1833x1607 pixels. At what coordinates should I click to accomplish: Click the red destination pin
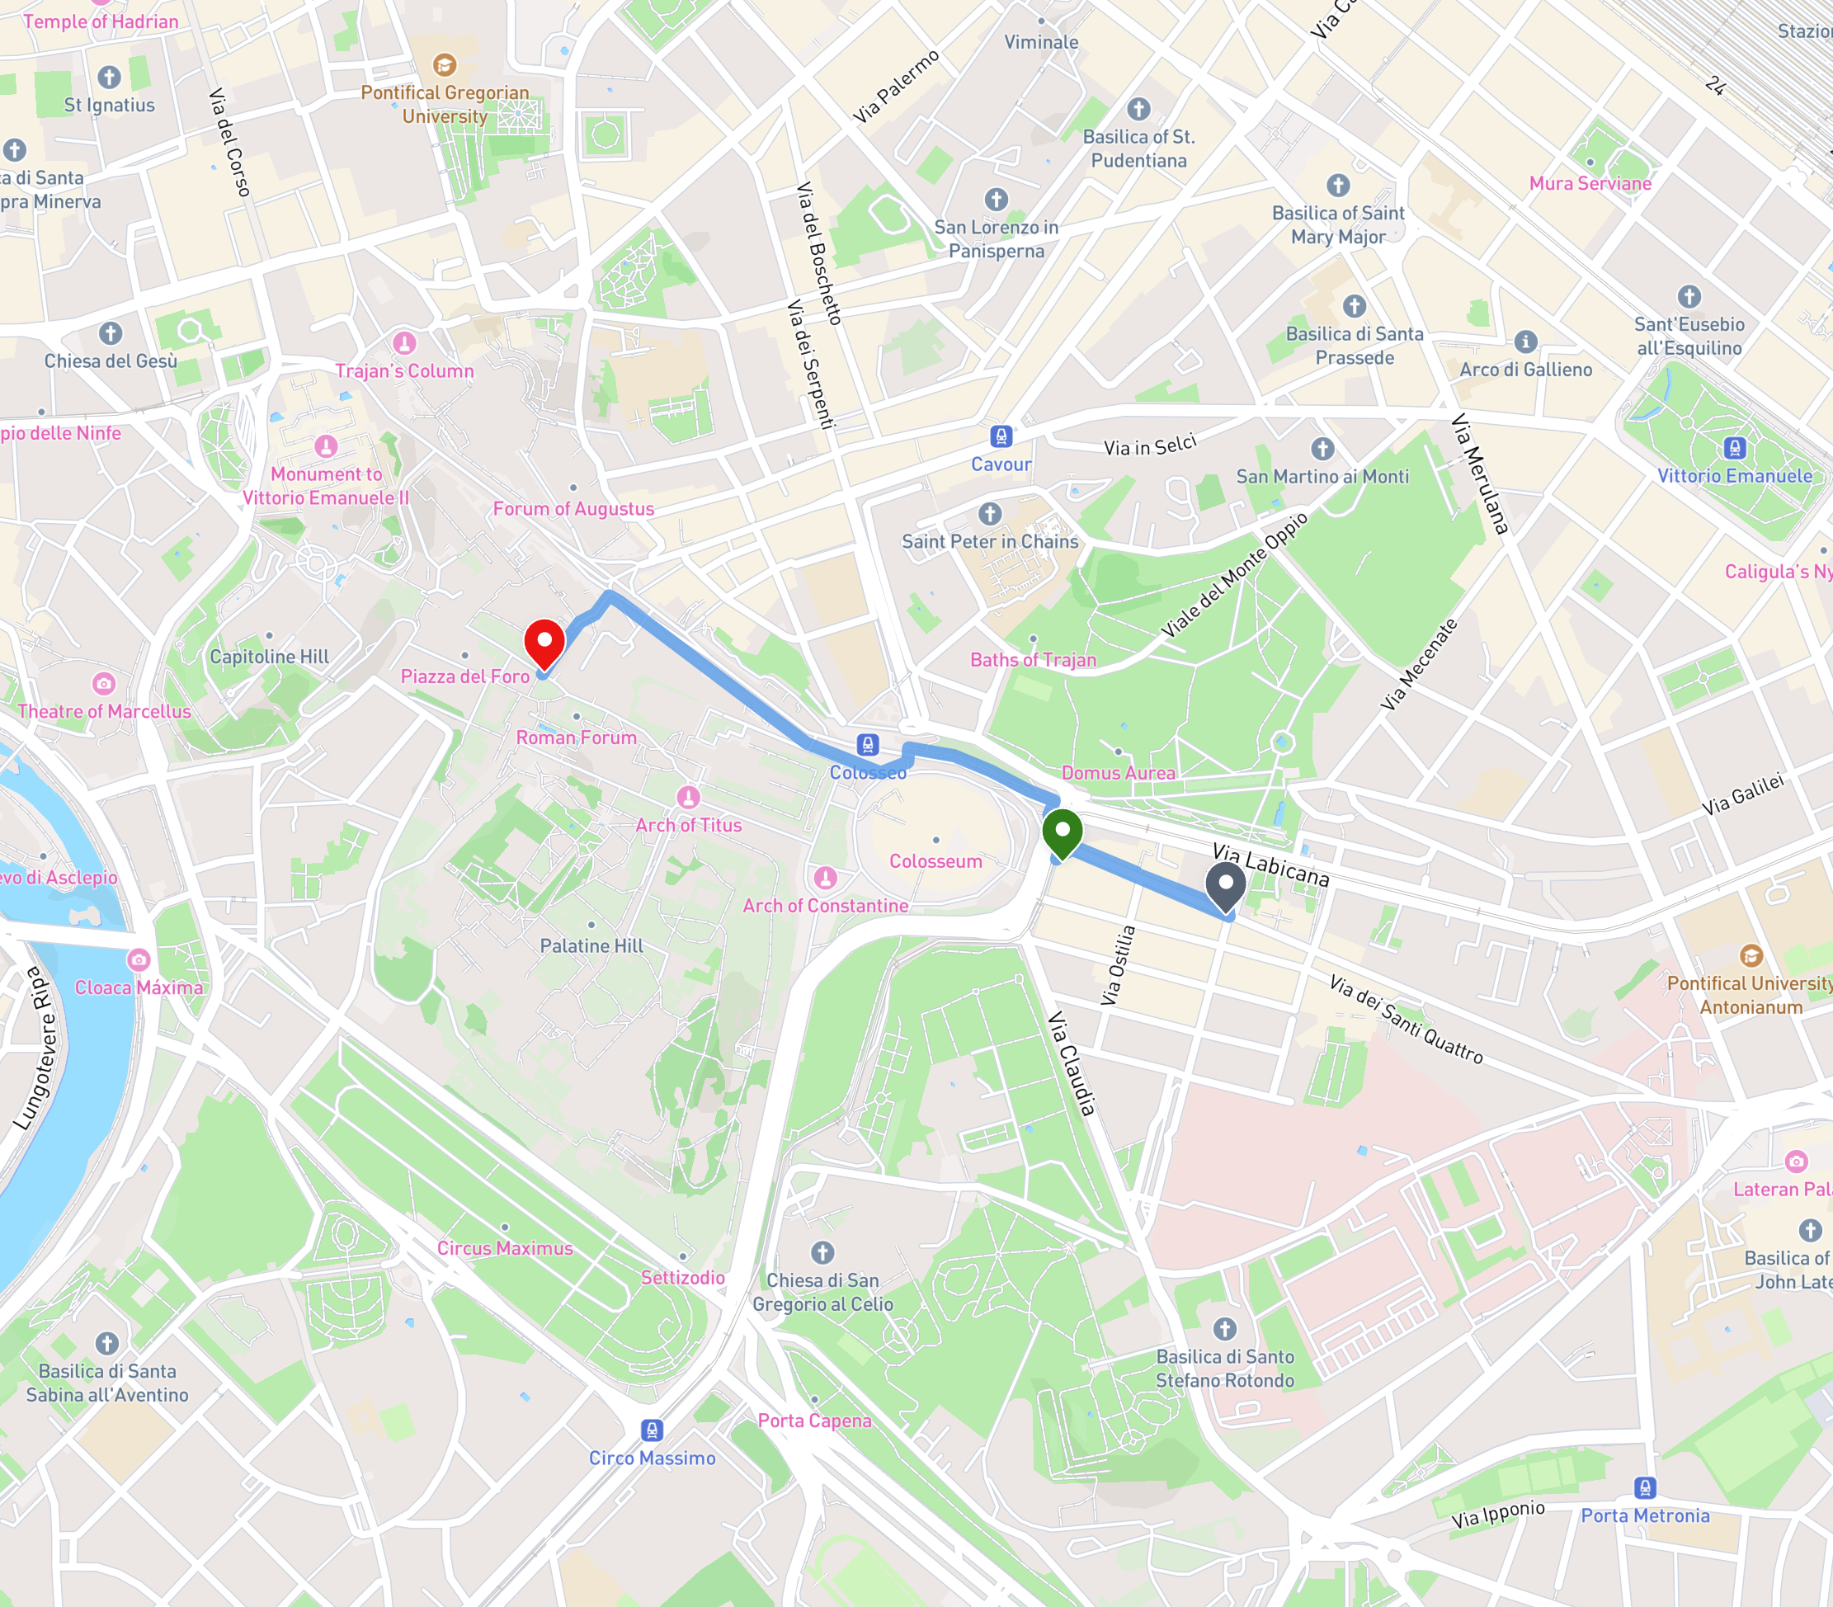[x=544, y=643]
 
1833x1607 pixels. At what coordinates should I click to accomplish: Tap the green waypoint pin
[x=1062, y=832]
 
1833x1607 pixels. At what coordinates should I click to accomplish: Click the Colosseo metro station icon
[x=867, y=744]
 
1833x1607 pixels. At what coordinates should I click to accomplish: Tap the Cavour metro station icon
[x=1001, y=436]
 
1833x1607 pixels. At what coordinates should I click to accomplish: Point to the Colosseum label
[x=935, y=861]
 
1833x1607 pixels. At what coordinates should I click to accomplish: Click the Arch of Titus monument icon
[x=688, y=796]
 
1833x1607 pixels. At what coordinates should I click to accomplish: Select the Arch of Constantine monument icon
[x=825, y=877]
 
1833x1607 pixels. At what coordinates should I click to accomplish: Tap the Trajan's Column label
[x=403, y=371]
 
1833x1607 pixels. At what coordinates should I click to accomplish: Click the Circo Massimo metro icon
[x=652, y=1430]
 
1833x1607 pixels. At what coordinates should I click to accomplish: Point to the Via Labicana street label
[x=1270, y=865]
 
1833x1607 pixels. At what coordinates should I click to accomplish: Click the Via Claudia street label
[x=1072, y=1063]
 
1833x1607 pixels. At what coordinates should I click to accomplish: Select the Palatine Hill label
[x=591, y=945]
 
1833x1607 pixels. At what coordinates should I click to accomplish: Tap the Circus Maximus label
[x=504, y=1247]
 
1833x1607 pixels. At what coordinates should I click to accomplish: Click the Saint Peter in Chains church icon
[x=989, y=514]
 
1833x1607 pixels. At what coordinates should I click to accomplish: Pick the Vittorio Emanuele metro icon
[x=1734, y=447]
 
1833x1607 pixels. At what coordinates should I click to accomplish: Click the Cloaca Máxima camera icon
[x=138, y=959]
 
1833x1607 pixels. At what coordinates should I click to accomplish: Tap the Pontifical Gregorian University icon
[x=444, y=64]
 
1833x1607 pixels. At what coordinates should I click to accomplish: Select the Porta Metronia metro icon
[x=1645, y=1487]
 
